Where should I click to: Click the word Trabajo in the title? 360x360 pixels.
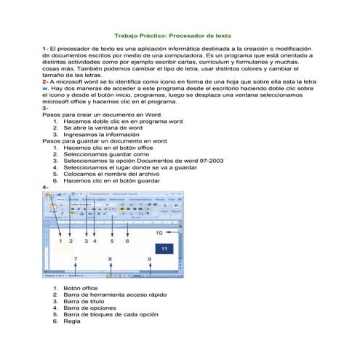click(x=129, y=35)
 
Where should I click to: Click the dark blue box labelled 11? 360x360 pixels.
click(x=164, y=249)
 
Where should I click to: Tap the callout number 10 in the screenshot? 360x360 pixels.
click(x=159, y=233)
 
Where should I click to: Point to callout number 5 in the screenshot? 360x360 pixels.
click(x=111, y=241)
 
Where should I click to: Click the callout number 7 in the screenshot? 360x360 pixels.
click(x=75, y=259)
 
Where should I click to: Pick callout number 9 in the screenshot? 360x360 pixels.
click(x=149, y=259)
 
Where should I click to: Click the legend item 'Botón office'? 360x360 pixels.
click(x=80, y=288)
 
